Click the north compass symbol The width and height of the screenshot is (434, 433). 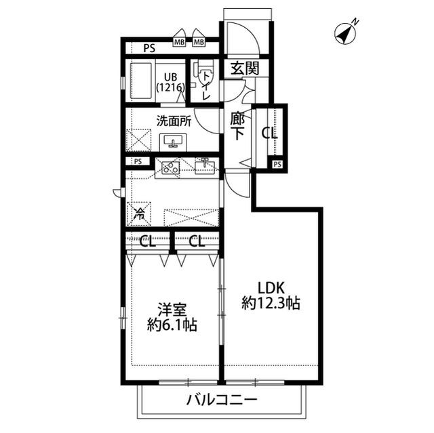[345, 33]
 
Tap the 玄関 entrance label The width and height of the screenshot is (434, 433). [245, 68]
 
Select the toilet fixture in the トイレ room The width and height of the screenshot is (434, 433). [204, 72]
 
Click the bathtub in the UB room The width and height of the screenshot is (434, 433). [141, 81]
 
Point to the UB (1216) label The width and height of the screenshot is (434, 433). [170, 82]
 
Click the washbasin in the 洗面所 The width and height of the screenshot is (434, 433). [174, 142]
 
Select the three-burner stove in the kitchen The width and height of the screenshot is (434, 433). [170, 168]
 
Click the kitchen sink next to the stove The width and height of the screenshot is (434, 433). [205, 166]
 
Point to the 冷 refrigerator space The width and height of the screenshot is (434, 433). [139, 213]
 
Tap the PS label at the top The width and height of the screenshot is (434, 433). [149, 49]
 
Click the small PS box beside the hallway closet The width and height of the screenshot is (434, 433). [277, 165]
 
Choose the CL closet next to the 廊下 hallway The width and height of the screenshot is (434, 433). [270, 133]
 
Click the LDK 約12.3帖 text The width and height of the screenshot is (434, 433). [271, 295]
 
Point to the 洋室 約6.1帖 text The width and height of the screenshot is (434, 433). [172, 317]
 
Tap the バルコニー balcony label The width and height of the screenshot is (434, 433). [222, 400]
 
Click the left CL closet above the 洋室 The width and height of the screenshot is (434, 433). [148, 242]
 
